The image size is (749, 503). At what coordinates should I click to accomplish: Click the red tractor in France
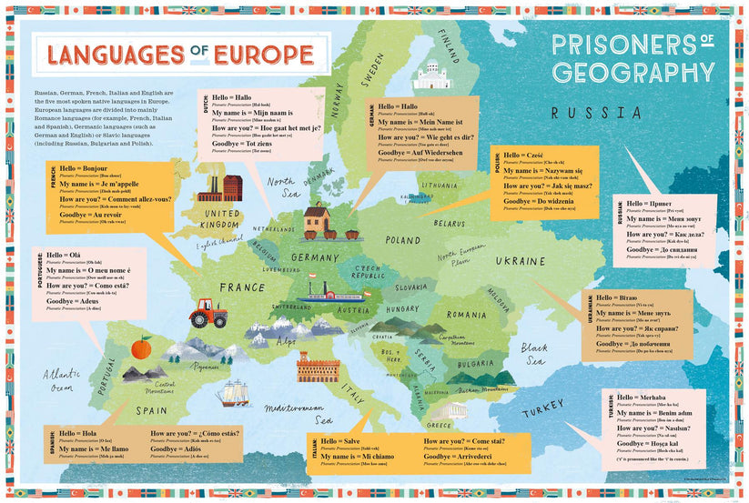point(207,315)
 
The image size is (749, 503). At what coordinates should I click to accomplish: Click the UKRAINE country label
point(521,260)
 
